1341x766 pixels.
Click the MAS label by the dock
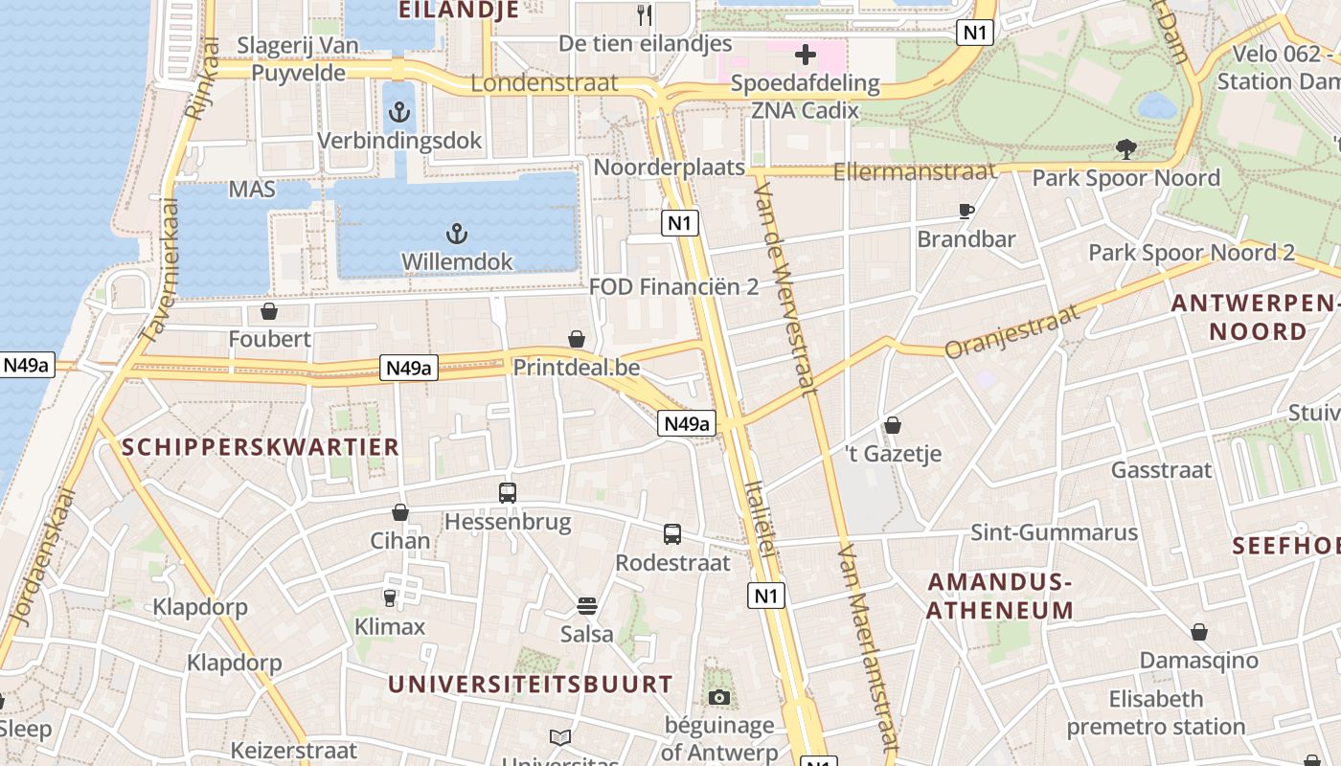(252, 189)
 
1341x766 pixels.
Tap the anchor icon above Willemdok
(457, 234)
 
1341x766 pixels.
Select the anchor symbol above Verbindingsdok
(398, 114)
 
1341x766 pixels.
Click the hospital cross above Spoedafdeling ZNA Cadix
(805, 56)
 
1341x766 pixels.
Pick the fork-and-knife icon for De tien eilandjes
(645, 14)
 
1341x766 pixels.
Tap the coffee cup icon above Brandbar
(966, 211)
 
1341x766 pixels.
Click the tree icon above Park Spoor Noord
(1125, 148)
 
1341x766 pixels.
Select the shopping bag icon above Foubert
(269, 311)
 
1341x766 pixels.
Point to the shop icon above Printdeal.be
(577, 338)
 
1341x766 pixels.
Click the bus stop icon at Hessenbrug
(507, 493)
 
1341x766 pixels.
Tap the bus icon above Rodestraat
(672, 534)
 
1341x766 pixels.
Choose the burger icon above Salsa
(586, 605)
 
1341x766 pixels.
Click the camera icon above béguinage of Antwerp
(718, 697)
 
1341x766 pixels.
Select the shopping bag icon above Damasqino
(1198, 632)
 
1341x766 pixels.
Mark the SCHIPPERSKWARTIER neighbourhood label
(261, 447)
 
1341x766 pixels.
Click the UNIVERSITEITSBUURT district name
(530, 684)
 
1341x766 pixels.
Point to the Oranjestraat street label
(1012, 331)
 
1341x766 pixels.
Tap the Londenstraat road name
(544, 83)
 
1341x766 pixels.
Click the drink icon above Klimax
(390, 598)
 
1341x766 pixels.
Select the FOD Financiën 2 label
(673, 286)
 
